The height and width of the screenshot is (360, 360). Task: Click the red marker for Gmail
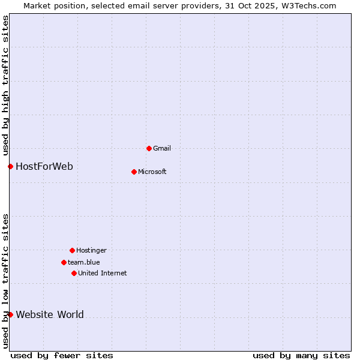[149, 148]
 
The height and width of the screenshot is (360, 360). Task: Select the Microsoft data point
[134, 172]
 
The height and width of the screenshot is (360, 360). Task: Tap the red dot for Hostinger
[72, 250]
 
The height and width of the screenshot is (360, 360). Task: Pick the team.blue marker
[64, 262]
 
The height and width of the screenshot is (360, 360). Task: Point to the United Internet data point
[74, 273]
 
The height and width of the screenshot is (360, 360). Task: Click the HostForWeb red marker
[10, 166]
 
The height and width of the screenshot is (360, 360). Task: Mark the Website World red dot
[10, 314]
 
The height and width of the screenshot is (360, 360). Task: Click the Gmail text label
[162, 148]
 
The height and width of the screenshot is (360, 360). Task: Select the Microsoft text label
[152, 172]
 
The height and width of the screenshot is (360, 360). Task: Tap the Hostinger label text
[91, 250]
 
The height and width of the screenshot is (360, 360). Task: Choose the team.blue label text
[83, 262]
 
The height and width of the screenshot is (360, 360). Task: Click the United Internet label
[102, 273]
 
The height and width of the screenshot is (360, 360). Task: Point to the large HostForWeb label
[44, 166]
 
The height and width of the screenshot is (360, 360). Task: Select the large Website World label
[50, 314]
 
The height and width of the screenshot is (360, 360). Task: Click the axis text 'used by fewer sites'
[62, 355]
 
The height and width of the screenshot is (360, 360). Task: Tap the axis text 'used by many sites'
[301, 355]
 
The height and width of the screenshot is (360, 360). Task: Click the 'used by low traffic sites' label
[5, 281]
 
